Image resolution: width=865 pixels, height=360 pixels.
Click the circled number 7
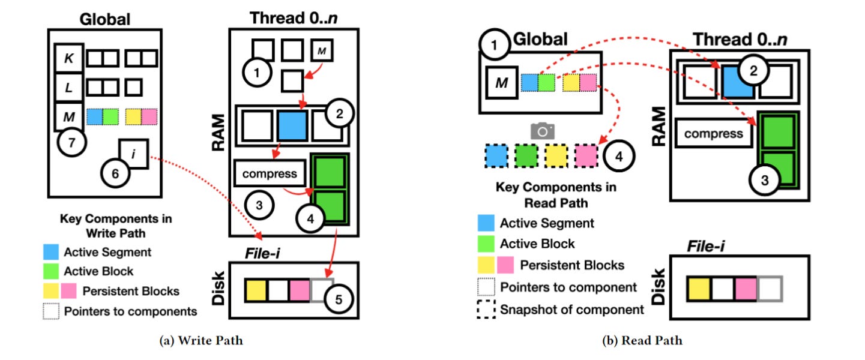[x=72, y=143]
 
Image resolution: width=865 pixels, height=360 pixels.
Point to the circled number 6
[x=115, y=174]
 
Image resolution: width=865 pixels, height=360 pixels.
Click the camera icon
[x=542, y=131]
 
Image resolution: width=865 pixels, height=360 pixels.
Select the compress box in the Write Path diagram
[x=270, y=174]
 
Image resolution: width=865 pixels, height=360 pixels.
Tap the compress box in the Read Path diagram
[x=713, y=133]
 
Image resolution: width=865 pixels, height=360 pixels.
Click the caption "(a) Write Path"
[x=201, y=341]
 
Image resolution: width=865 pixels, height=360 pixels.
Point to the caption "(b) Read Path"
[x=642, y=341]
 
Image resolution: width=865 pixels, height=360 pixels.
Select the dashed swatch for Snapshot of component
[x=488, y=310]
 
